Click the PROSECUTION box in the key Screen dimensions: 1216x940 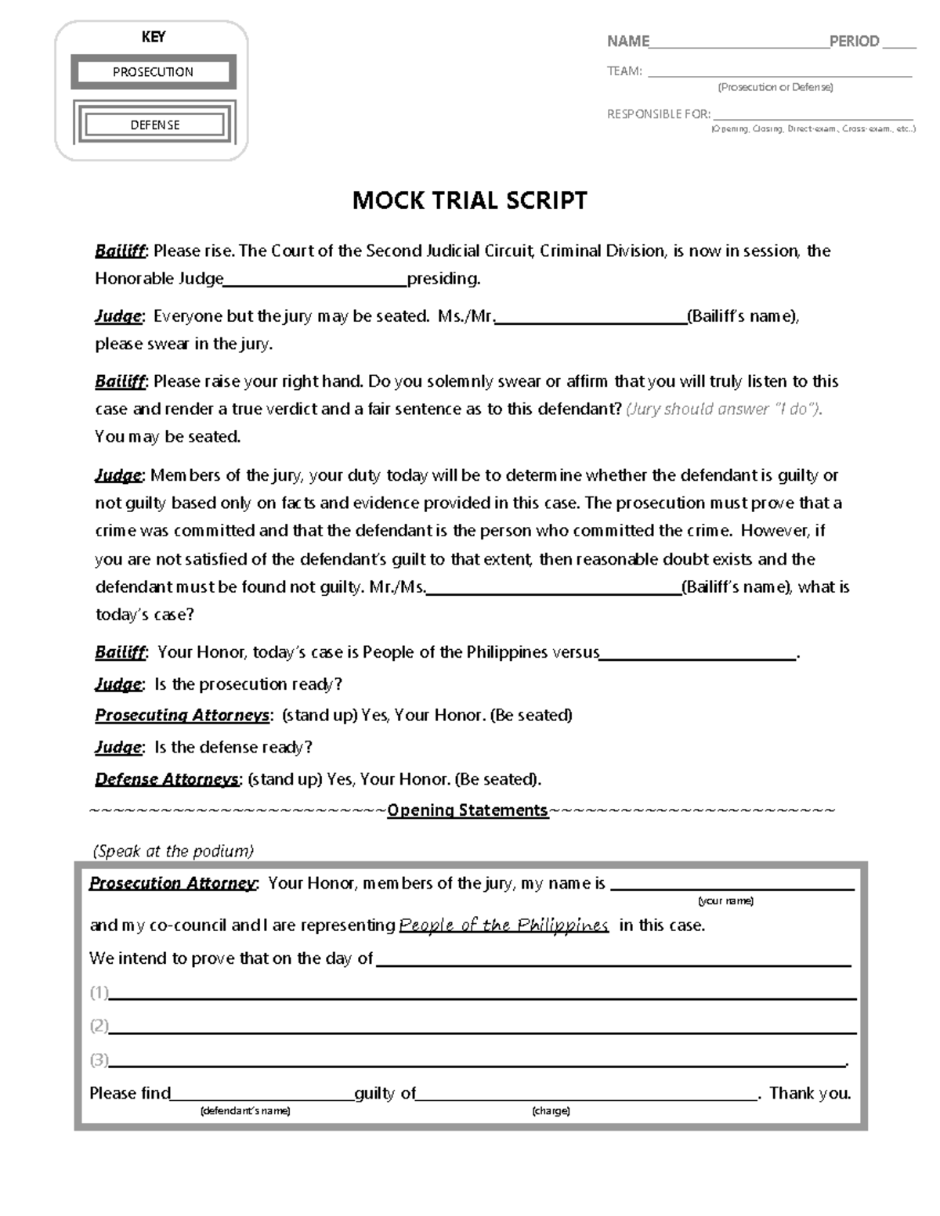pyautogui.click(x=153, y=72)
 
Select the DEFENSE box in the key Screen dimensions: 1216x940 pyautogui.click(x=154, y=124)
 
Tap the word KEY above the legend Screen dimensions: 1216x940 pyautogui.click(x=153, y=37)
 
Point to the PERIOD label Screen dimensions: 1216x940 pyautogui.click(x=854, y=41)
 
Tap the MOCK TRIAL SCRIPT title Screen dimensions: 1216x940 pyautogui.click(x=469, y=201)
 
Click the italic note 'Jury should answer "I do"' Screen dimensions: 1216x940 pyautogui.click(x=723, y=409)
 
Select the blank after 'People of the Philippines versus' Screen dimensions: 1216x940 pyautogui.click(x=697, y=657)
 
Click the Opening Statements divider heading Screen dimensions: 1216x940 pyautogui.click(x=468, y=810)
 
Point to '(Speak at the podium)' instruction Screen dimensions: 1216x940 pyautogui.click(x=173, y=851)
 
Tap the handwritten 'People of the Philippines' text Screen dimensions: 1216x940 pyautogui.click(x=504, y=926)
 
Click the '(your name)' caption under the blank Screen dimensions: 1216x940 pyautogui.click(x=725, y=901)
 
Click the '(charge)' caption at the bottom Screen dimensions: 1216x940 pyautogui.click(x=551, y=1111)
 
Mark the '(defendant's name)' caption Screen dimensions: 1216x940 pyautogui.click(x=245, y=1111)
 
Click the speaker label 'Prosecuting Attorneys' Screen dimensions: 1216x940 pyautogui.click(x=183, y=716)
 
